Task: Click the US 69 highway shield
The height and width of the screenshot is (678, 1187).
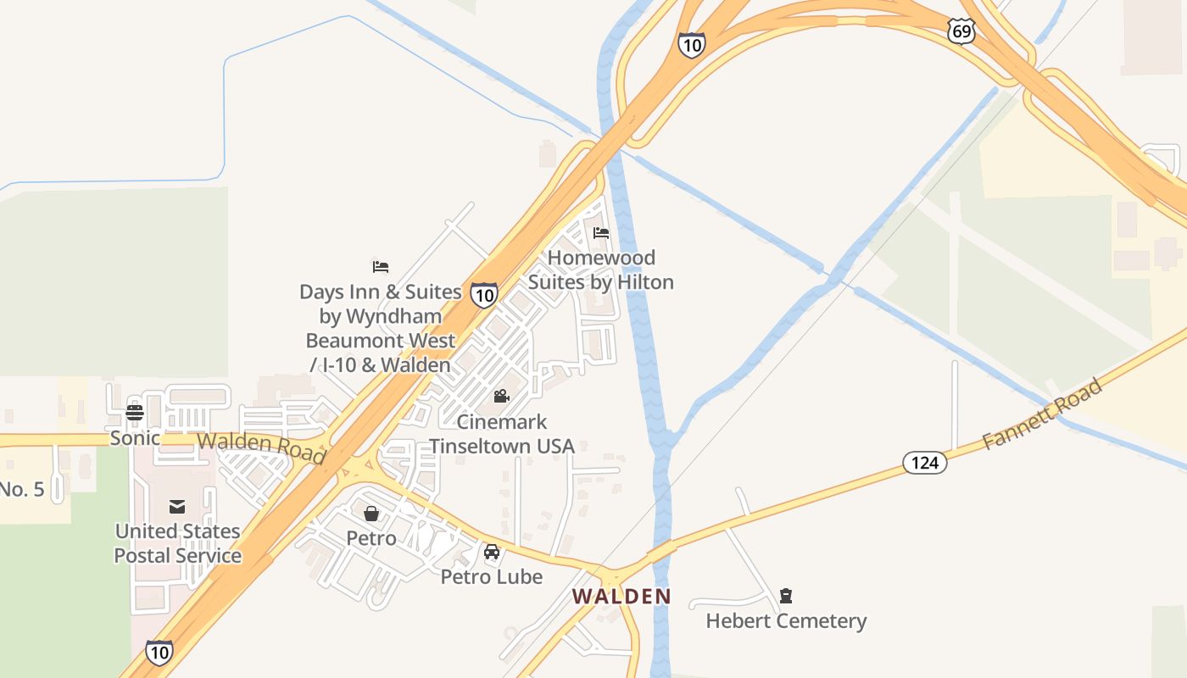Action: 961,32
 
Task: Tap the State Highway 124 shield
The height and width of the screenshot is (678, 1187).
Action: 924,462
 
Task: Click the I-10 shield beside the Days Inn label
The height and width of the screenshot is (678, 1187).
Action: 484,295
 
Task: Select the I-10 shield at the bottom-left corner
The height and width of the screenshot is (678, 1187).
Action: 159,651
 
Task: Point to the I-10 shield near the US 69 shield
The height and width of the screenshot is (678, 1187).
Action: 692,45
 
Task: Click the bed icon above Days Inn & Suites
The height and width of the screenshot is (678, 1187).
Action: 381,266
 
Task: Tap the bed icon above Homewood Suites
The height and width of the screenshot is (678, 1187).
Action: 601,232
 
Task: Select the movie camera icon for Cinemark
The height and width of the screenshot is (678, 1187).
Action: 501,396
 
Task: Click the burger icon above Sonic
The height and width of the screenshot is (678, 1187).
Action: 135,413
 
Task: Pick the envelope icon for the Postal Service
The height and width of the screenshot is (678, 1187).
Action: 177,506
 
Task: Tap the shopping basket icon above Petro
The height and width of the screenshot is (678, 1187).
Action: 371,513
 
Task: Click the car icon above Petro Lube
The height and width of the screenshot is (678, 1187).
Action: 492,552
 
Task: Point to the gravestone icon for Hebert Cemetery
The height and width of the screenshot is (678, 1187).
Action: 786,595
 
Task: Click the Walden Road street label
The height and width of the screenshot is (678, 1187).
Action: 261,447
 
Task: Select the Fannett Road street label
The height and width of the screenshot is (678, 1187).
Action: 1042,414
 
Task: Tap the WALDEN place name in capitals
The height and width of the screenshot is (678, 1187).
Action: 621,596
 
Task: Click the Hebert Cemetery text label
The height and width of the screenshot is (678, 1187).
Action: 786,621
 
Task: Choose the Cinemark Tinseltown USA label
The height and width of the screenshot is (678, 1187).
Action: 501,434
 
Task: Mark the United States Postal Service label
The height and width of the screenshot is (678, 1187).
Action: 178,543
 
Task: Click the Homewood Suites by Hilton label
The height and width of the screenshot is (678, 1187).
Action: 601,270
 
